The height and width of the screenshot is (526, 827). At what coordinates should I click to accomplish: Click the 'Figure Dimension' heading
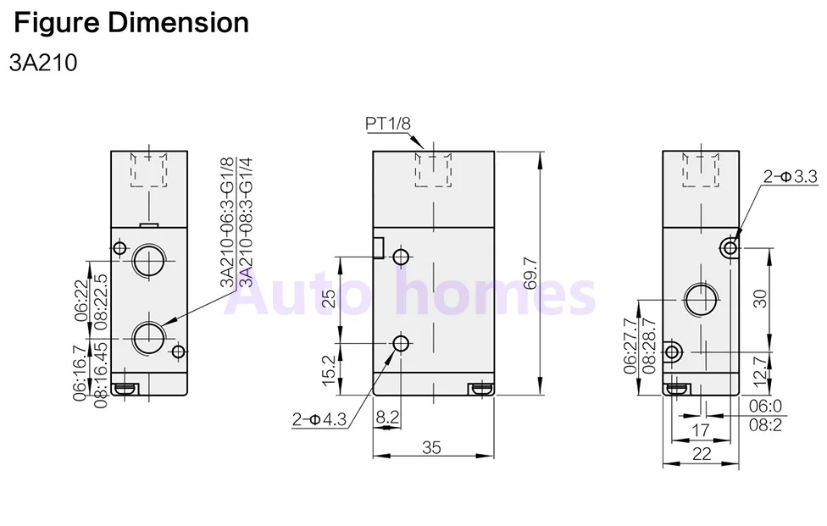point(131,23)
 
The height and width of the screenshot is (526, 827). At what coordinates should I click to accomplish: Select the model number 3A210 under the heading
point(43,64)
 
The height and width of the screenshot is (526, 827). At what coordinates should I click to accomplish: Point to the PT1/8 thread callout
point(388,124)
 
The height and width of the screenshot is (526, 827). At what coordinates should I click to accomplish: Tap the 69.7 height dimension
point(530,273)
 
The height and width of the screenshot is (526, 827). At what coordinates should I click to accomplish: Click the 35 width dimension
point(431,447)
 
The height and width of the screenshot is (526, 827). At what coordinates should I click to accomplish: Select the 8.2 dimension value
point(387,417)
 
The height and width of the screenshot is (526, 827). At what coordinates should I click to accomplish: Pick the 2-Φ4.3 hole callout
point(319,419)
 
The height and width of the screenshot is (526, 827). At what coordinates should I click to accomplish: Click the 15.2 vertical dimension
point(329,370)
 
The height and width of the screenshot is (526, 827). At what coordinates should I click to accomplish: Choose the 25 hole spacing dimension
point(329,298)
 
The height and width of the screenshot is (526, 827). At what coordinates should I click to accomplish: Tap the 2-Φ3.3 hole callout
point(790,176)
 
